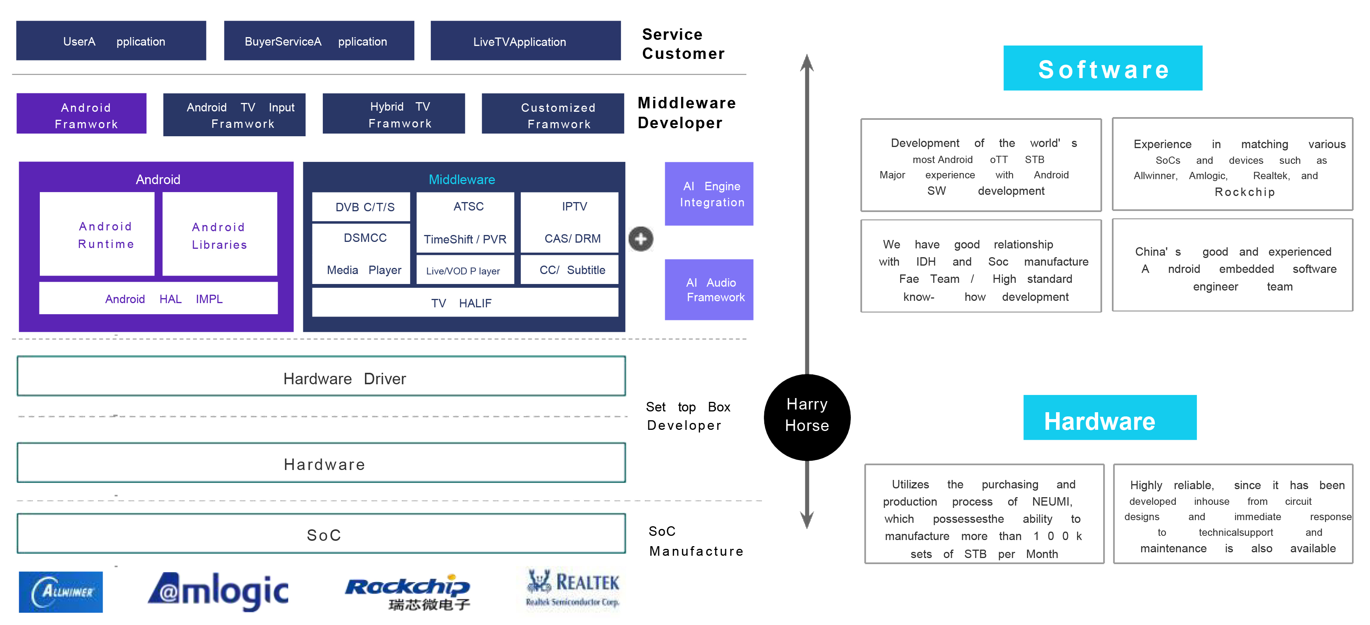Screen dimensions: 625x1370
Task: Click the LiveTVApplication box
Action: pyautogui.click(x=525, y=41)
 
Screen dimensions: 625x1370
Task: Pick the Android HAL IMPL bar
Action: pyautogui.click(x=159, y=299)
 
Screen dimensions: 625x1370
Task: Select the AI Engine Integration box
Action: pyautogui.click(x=709, y=194)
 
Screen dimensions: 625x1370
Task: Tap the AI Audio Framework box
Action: pyautogui.click(x=709, y=290)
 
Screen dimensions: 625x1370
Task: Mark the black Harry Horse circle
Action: pyautogui.click(x=807, y=417)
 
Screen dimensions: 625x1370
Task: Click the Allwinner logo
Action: pyautogui.click(x=60, y=592)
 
